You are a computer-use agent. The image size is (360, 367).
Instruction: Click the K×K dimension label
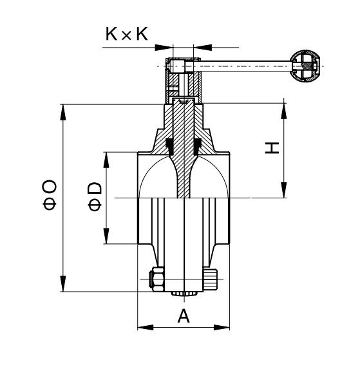pos(127,34)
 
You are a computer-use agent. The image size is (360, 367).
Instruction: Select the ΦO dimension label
pos(50,194)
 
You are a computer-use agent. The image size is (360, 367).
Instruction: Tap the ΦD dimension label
pos(95,196)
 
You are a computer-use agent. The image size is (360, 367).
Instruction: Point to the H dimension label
pos(272,147)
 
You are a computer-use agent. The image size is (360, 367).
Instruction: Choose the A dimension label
pos(184,315)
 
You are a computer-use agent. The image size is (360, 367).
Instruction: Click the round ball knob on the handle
pos(305,66)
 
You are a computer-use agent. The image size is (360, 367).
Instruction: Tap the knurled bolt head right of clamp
pos(210,279)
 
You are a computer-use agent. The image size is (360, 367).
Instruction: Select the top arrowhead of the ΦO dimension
pos(62,112)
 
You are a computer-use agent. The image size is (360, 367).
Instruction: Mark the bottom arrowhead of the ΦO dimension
pos(62,284)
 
